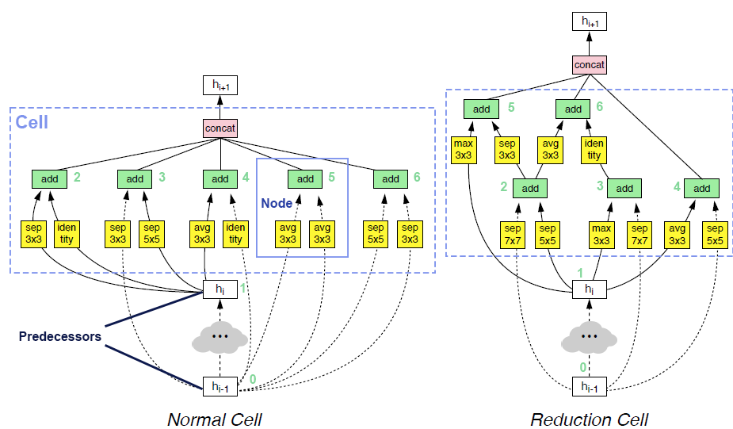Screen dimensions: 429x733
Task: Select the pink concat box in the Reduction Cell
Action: (x=590, y=64)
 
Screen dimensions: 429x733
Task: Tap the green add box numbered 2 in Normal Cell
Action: (x=49, y=179)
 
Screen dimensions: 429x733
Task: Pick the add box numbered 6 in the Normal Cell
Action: (x=391, y=179)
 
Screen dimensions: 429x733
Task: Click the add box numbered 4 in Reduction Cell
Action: (x=702, y=189)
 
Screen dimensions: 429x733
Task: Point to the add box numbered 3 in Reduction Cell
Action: (x=624, y=189)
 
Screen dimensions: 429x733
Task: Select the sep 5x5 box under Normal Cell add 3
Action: (x=153, y=233)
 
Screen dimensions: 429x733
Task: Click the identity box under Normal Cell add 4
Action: (x=237, y=233)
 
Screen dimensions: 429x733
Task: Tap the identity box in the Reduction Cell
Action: (x=594, y=150)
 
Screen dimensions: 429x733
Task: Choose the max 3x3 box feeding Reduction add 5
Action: (x=464, y=150)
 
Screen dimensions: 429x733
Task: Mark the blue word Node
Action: (x=277, y=204)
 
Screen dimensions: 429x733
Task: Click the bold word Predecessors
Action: (x=59, y=336)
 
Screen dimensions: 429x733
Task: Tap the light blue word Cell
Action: (x=32, y=122)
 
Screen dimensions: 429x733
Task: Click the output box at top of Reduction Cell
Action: (x=589, y=21)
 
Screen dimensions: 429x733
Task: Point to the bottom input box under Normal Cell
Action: (x=219, y=386)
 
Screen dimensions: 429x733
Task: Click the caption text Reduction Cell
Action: (x=589, y=419)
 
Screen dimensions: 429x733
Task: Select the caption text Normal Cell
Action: (x=214, y=419)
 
